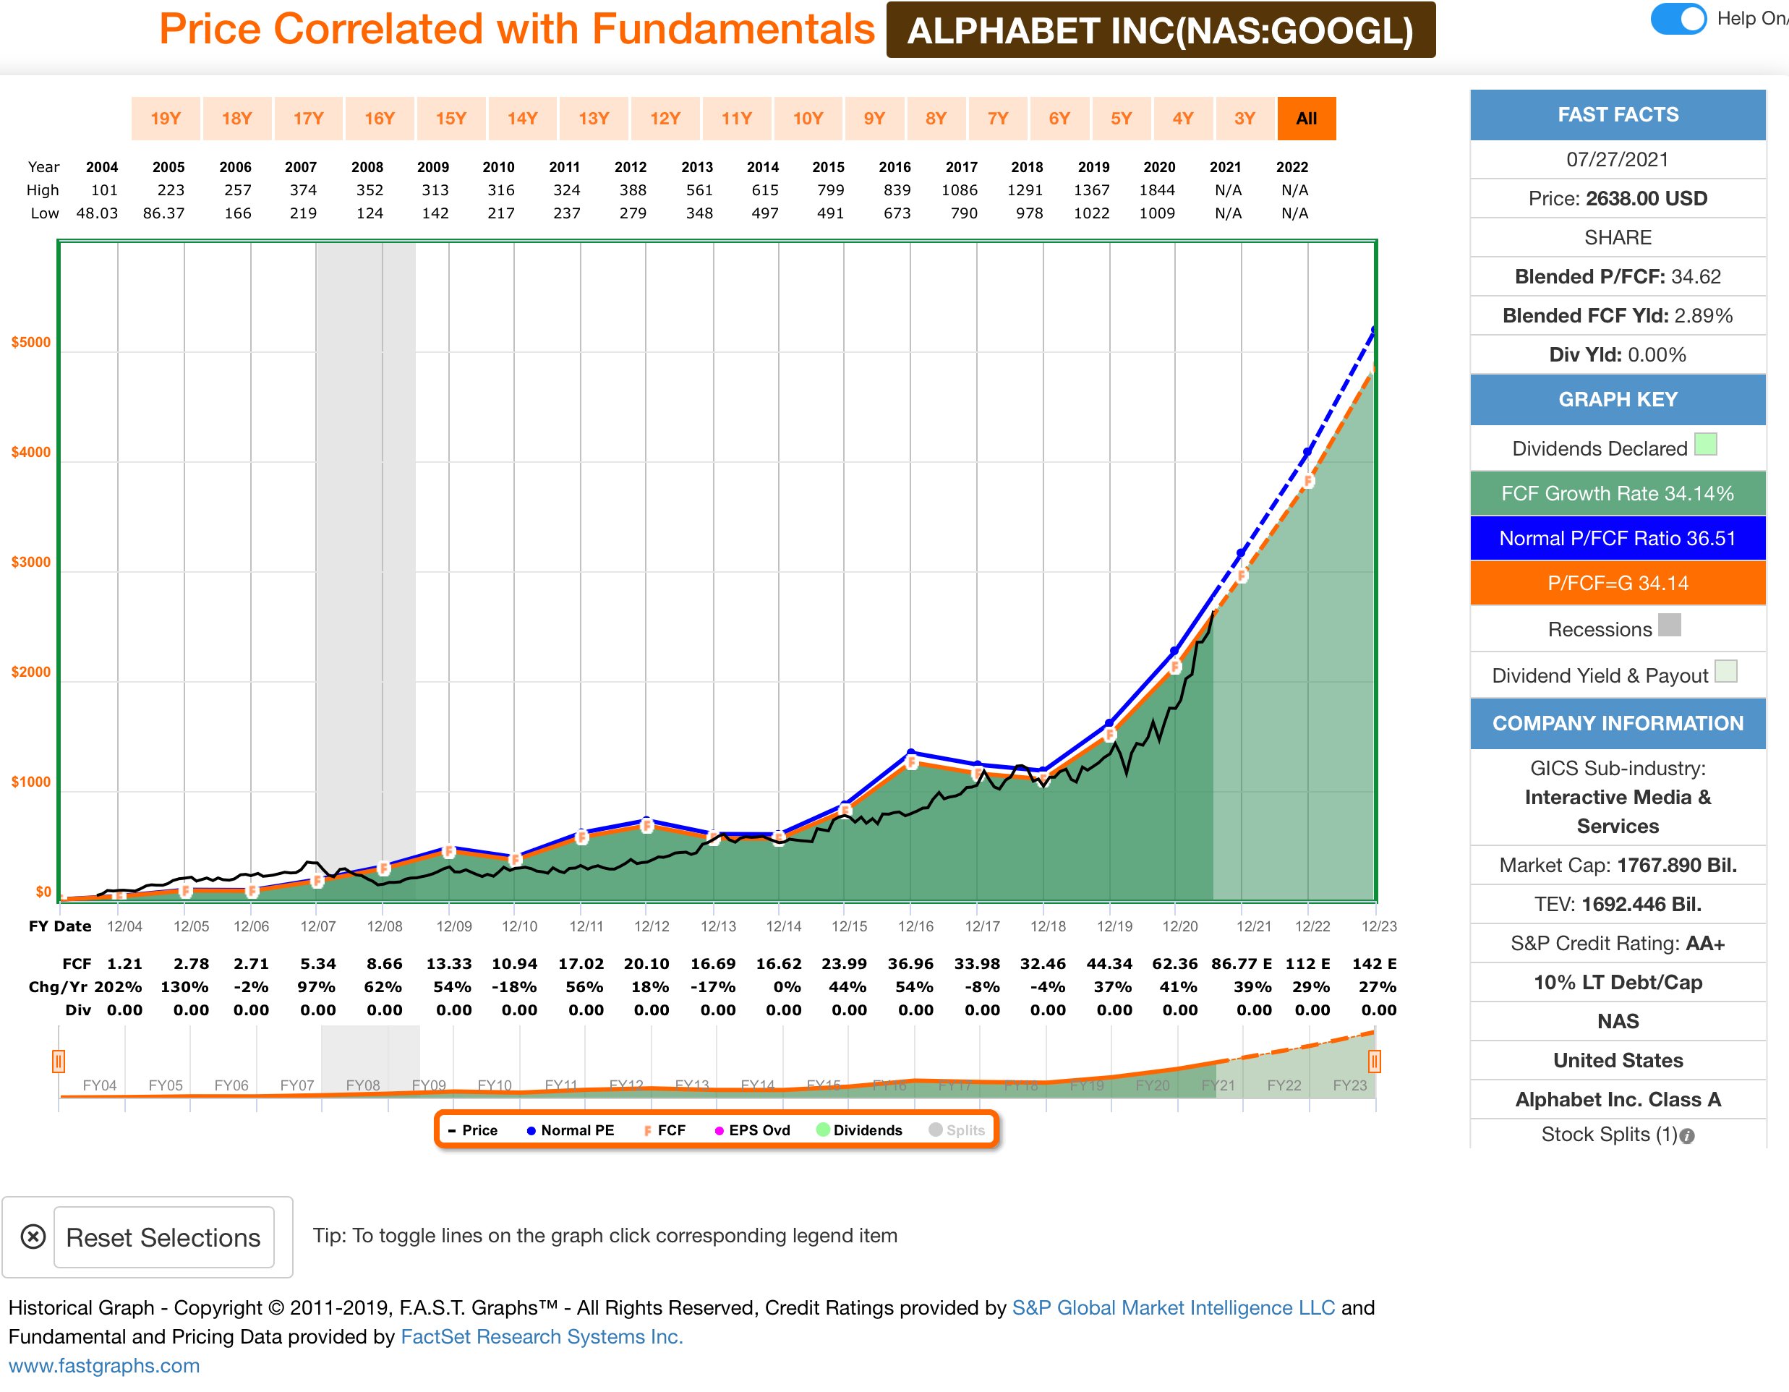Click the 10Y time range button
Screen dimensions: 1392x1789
pos(807,119)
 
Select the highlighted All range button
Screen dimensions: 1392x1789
pos(1306,119)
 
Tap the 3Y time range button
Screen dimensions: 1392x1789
pos(1244,119)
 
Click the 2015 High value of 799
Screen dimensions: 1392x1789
pos(830,190)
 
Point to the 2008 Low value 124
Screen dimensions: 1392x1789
pos(370,213)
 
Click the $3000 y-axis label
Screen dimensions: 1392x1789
pos(30,562)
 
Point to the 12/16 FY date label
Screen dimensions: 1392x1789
pos(915,926)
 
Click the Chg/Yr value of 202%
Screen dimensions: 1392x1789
pos(118,986)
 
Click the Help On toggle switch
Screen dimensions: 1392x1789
pos(1678,19)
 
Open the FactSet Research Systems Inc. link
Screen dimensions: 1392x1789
pos(542,1336)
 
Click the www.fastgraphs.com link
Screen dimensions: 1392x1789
pos(104,1365)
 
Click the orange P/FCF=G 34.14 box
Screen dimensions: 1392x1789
pos(1617,584)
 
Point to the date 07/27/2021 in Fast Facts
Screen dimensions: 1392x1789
pos(1617,160)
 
